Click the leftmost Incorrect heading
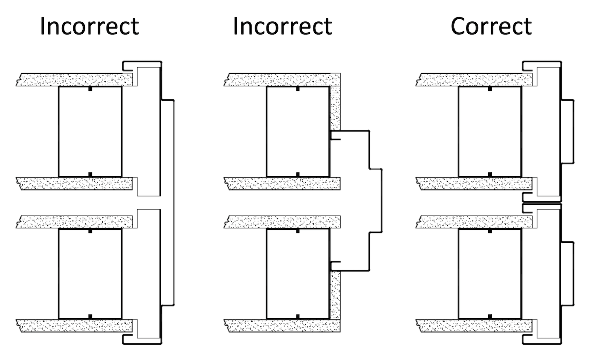90,26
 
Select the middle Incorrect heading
282,26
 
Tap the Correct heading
491,26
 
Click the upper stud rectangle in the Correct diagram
490,131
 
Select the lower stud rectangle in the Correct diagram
490,274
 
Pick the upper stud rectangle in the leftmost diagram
90,131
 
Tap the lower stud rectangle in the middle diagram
298,274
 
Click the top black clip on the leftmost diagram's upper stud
90,89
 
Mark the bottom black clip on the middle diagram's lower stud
298,316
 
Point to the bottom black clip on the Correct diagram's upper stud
490,174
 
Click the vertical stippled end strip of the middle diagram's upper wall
335,107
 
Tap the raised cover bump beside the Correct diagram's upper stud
568,131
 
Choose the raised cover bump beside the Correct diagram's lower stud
568,274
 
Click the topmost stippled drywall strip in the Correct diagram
473,80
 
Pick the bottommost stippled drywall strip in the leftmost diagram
75,326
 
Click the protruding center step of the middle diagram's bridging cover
375,200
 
